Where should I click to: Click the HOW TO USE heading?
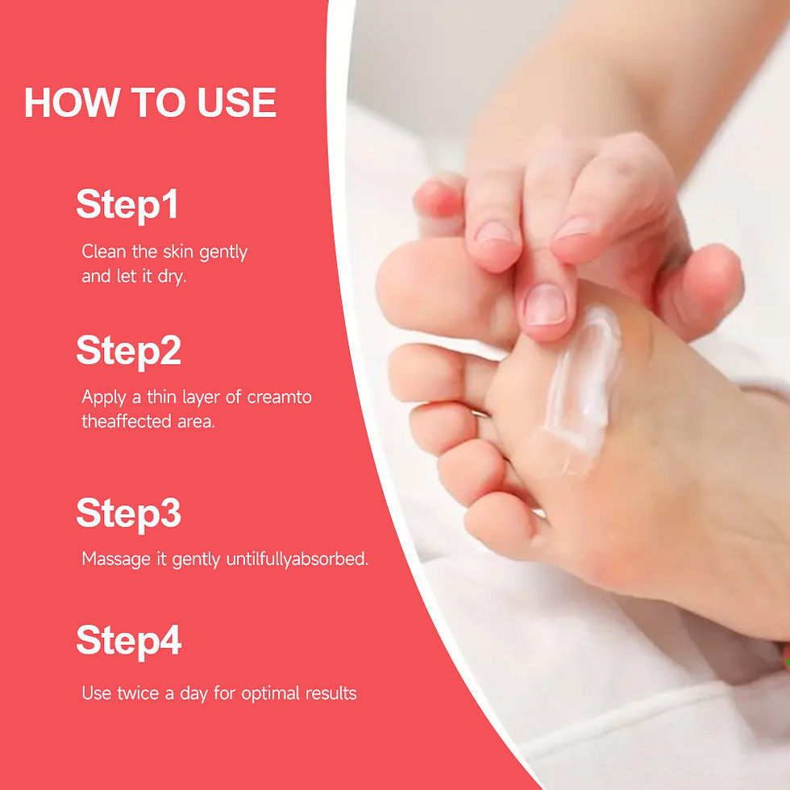(150, 103)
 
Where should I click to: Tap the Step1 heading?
(127, 205)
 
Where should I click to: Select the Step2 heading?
(128, 351)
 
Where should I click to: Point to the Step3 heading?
(128, 513)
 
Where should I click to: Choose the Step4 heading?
(128, 641)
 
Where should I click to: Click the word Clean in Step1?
(103, 252)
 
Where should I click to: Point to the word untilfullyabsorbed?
(297, 559)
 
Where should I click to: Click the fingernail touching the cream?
(545, 305)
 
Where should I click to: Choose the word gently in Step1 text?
(222, 252)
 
